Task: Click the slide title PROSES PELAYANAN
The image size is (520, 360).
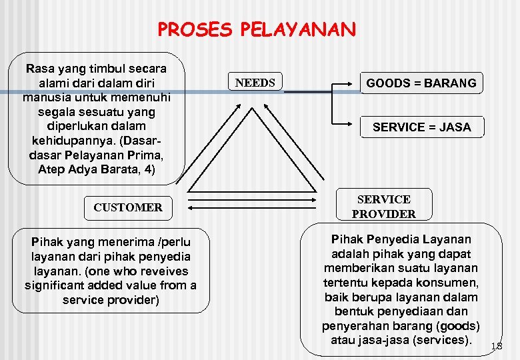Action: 257,29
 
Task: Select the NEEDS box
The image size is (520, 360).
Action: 255,83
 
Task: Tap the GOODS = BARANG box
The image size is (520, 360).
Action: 421,83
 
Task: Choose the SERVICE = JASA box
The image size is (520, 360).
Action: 421,127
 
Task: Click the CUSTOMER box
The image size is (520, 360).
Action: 128,207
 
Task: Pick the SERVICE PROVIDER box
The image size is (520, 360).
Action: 383,207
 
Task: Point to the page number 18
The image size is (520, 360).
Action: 496,346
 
